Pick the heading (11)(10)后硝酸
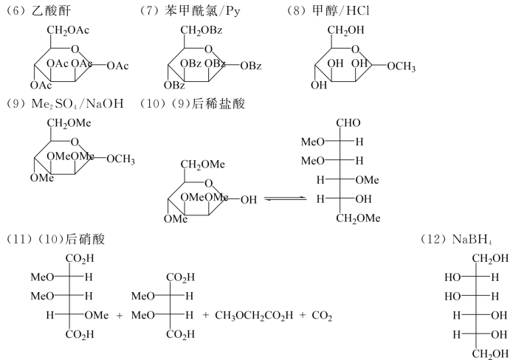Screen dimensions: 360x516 48,240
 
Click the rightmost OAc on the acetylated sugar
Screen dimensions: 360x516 118,66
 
